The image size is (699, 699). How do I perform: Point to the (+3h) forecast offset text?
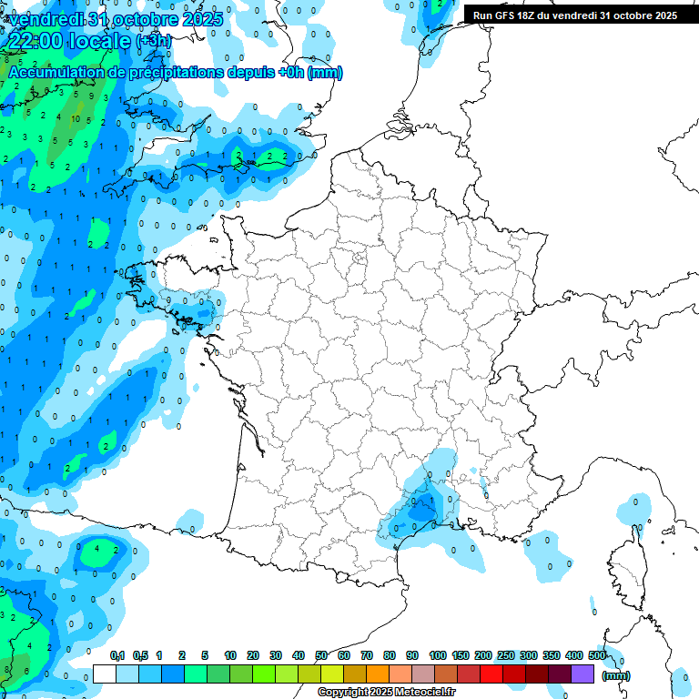point(152,42)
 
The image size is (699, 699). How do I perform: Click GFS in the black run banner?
point(509,15)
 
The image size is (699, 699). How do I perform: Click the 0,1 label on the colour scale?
point(116,655)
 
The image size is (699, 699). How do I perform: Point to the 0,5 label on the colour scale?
point(140,655)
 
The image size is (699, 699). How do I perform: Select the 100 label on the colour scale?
point(437,655)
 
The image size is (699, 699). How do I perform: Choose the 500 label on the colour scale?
point(596,655)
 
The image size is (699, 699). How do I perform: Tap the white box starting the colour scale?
point(105,674)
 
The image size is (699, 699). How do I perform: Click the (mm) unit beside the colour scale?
point(616,675)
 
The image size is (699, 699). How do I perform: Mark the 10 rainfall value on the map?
point(76,118)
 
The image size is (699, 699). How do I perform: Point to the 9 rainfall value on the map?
point(91,95)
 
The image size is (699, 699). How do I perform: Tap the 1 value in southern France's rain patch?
point(422,500)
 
